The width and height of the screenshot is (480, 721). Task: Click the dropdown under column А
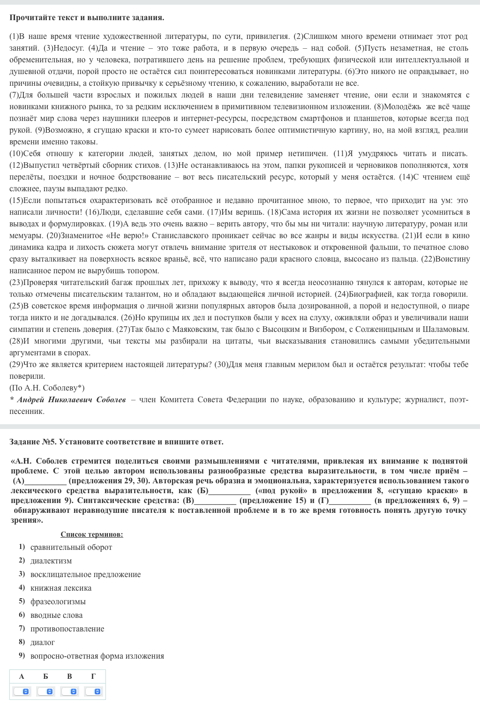click(x=22, y=691)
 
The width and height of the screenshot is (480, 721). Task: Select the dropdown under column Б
click(x=46, y=691)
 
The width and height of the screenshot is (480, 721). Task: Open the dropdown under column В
click(x=70, y=691)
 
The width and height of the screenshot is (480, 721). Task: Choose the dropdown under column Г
click(x=93, y=691)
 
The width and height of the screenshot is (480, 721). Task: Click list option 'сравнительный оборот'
click(x=71, y=547)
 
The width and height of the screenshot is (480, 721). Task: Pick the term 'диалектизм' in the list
click(x=51, y=561)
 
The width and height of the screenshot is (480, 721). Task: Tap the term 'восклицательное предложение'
click(x=85, y=574)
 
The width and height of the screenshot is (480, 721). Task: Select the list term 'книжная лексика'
click(x=61, y=588)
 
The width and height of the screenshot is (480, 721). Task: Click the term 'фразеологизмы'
click(x=58, y=601)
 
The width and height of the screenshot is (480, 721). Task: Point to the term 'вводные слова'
click(x=56, y=615)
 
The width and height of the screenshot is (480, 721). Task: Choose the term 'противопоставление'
click(x=67, y=629)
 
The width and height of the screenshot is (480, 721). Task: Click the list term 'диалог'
click(x=43, y=642)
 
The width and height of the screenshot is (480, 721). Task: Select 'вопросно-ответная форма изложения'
click(x=97, y=656)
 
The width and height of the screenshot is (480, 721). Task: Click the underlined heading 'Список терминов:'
click(x=92, y=534)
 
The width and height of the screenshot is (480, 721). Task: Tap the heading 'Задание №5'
click(x=31, y=442)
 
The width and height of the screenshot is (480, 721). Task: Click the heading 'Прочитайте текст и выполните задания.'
click(x=87, y=18)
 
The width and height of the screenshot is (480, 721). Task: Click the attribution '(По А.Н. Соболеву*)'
click(x=47, y=388)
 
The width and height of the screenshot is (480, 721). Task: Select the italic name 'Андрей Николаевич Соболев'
click(x=71, y=399)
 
